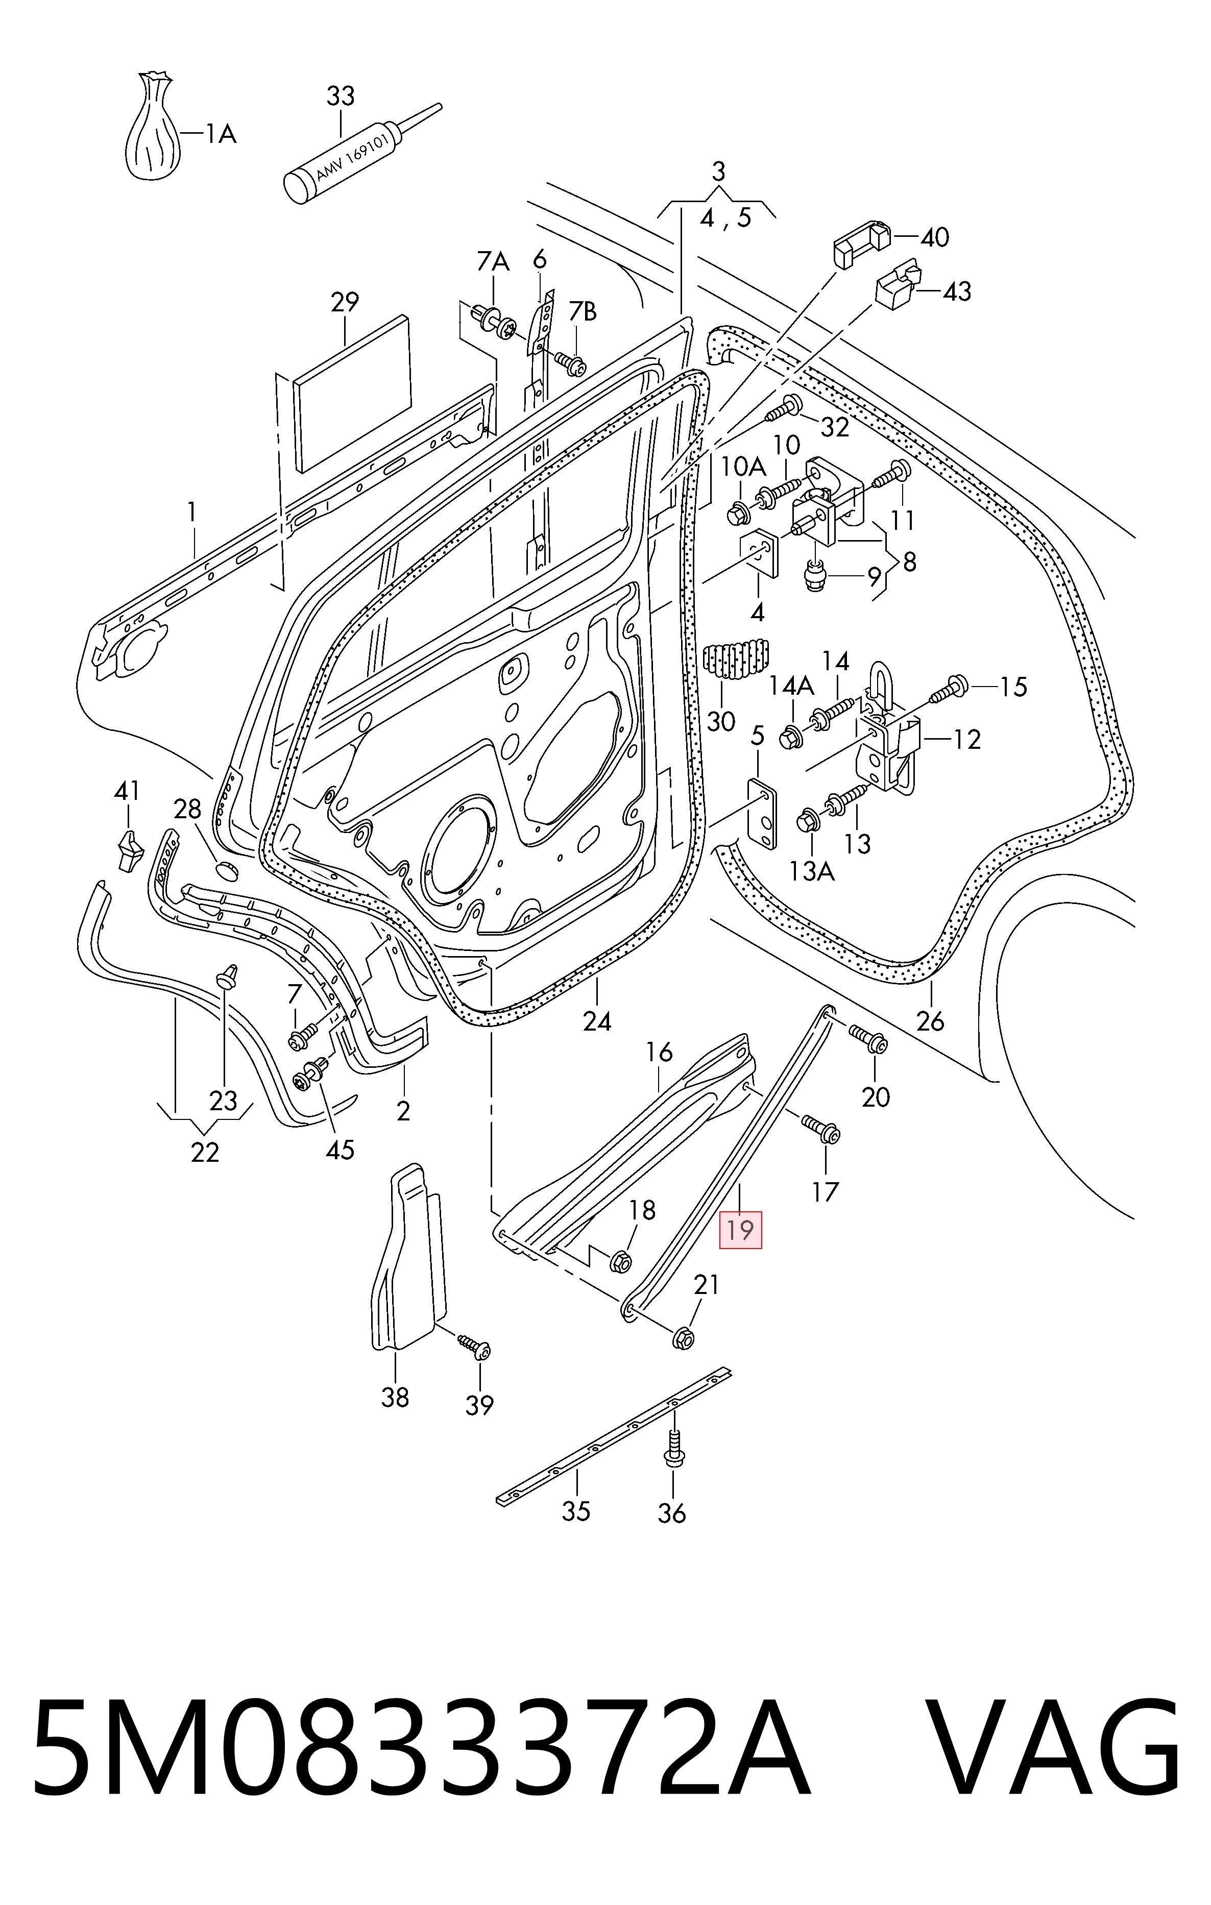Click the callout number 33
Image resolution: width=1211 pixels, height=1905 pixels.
pyautogui.click(x=341, y=96)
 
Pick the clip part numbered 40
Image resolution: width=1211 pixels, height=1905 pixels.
pyautogui.click(x=861, y=243)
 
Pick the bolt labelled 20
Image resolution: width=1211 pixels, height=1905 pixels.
pyautogui.click(x=868, y=1038)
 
